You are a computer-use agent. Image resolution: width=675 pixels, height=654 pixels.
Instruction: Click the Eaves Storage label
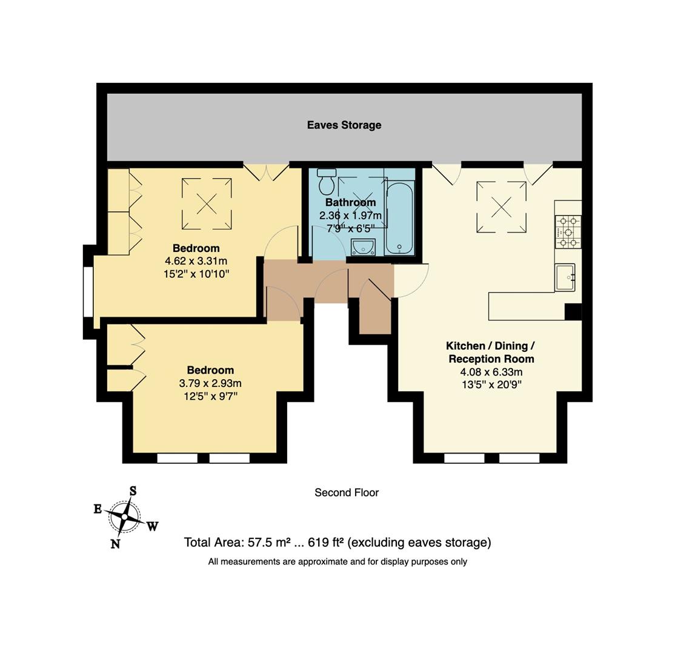click(x=344, y=125)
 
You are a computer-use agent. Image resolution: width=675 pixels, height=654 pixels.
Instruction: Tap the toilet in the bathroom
click(x=327, y=180)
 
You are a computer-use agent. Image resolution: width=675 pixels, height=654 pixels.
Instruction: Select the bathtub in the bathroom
click(x=399, y=218)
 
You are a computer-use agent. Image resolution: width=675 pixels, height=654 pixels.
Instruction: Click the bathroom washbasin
click(x=363, y=246)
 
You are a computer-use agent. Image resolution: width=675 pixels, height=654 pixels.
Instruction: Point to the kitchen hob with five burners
click(x=568, y=232)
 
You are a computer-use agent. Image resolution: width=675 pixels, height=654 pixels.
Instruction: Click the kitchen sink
click(x=564, y=277)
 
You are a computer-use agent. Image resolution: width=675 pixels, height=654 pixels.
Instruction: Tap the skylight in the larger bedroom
click(x=207, y=204)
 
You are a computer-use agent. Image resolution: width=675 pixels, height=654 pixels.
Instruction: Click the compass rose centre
click(x=125, y=517)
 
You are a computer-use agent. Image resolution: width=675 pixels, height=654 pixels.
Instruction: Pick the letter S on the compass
click(x=133, y=491)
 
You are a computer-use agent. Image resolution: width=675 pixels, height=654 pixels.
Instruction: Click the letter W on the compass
click(x=152, y=526)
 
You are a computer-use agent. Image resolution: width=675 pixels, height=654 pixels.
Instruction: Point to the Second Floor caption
click(x=346, y=493)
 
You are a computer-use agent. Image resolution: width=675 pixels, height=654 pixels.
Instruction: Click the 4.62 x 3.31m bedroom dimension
click(x=196, y=261)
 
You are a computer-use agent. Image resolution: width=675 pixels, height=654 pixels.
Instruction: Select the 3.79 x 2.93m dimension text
click(x=210, y=383)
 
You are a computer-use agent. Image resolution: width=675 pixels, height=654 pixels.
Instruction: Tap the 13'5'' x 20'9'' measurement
click(x=491, y=384)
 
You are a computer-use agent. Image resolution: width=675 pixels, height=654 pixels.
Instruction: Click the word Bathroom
click(x=350, y=202)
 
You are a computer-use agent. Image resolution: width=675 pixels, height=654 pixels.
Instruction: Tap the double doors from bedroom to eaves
click(x=266, y=171)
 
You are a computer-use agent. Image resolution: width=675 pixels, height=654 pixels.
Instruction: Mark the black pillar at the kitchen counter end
click(x=573, y=311)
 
